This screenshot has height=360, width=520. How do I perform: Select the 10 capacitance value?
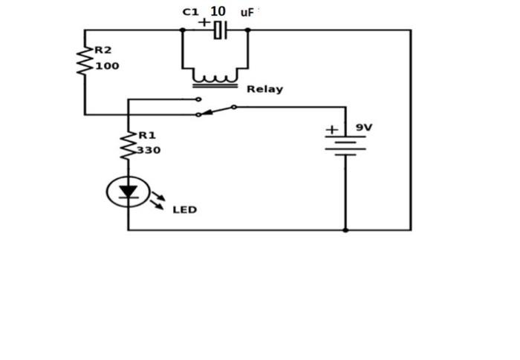point(218,11)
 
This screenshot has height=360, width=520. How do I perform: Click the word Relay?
point(264,89)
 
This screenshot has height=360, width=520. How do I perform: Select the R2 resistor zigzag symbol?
point(85,59)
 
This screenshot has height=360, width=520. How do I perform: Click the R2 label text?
point(103,50)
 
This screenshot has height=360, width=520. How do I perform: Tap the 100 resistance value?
point(106,65)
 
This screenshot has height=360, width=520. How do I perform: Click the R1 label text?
point(146,135)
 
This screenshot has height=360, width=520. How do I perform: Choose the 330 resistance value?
point(149,150)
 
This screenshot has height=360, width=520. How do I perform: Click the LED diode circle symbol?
point(128,193)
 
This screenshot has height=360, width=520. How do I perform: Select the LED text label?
point(184,210)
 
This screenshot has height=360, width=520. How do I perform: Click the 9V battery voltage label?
point(364,128)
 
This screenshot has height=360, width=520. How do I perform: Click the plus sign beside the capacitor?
point(204,22)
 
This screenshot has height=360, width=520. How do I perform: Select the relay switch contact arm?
point(216,111)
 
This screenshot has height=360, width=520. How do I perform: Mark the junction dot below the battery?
point(345,230)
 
